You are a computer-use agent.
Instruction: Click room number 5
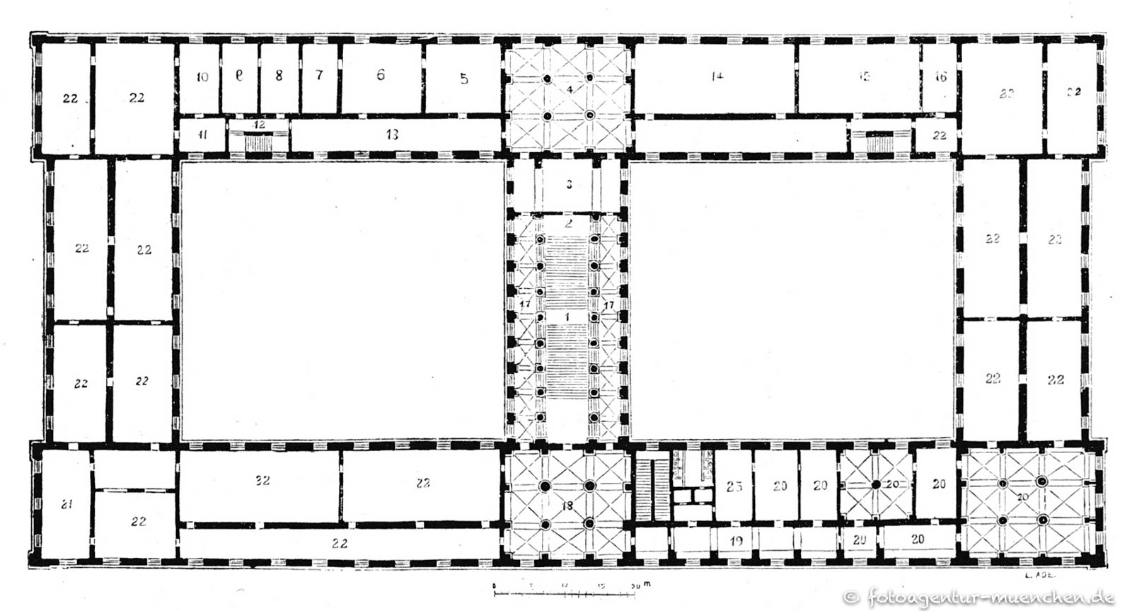pos(463,79)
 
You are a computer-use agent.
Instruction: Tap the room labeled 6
pos(381,75)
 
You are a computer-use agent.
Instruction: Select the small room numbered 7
pos(319,75)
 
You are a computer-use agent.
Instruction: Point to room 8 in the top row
pos(279,76)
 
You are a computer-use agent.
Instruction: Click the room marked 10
pos(202,76)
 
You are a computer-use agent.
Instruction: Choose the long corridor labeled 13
pos(392,134)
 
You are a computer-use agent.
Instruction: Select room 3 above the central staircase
pos(568,185)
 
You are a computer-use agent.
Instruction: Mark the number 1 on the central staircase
pos(567,316)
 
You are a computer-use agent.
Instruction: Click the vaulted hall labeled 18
pos(567,506)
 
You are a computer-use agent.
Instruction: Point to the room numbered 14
pos(717,76)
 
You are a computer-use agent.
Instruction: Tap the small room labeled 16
pos(940,76)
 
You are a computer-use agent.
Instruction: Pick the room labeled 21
pos(67,505)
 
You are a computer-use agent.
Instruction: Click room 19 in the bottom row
pos(736,542)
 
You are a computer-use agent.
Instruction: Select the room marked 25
pos(734,486)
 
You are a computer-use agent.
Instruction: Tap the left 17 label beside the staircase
pos(525,304)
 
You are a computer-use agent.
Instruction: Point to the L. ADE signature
pos(1039,576)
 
